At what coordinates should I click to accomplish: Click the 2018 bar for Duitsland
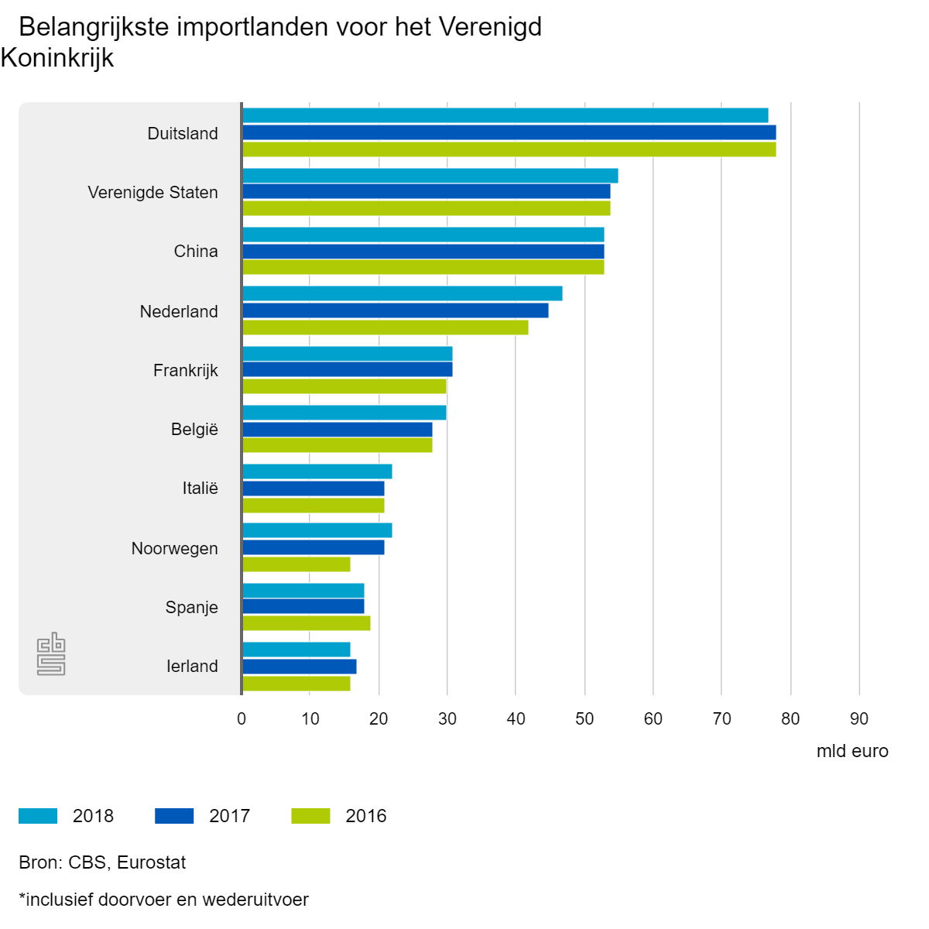tap(505, 115)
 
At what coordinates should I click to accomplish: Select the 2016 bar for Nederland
tap(385, 327)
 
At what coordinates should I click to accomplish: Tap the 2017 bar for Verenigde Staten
tap(426, 191)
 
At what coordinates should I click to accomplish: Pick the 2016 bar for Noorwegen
tap(296, 564)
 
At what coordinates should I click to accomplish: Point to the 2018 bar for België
tap(344, 413)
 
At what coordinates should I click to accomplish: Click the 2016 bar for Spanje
tap(306, 623)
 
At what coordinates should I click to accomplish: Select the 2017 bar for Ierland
tap(299, 667)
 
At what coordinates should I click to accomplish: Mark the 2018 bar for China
tap(423, 235)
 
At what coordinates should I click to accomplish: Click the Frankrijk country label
tap(186, 371)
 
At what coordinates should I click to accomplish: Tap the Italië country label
tap(201, 488)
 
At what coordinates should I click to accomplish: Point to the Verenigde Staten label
tap(153, 193)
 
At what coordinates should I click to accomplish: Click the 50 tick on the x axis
tap(584, 719)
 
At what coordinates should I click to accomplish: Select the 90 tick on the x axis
tap(859, 719)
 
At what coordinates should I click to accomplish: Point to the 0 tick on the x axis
tap(242, 719)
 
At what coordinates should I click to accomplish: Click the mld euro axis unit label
tap(852, 752)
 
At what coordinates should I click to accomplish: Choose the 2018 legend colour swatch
tap(38, 816)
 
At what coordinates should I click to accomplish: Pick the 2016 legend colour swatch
tap(310, 816)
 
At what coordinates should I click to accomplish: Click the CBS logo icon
tap(51, 654)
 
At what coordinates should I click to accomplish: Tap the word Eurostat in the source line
tap(152, 862)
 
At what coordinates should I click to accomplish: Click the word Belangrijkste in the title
tap(93, 27)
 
